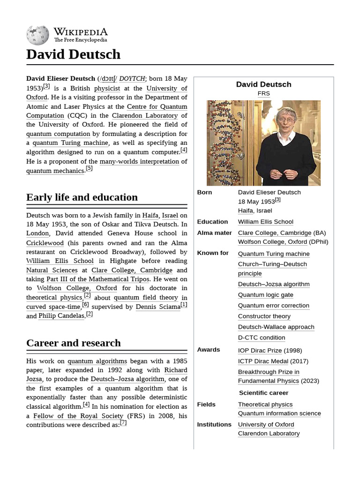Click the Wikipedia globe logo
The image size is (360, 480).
point(37,35)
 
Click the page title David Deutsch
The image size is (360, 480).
point(73,54)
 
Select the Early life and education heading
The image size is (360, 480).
point(82,197)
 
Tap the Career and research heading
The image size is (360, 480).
point(74,343)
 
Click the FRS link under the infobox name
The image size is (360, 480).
point(263,93)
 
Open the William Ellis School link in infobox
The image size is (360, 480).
point(265,222)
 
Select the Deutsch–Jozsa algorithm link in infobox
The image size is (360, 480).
point(273,284)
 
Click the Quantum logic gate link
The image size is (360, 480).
point(265,295)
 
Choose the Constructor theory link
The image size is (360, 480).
point(264,316)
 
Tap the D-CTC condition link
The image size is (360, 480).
point(261,337)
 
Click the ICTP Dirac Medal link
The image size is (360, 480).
point(262,361)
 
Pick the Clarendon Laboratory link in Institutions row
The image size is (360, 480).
point(269,433)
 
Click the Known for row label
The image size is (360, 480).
point(213,253)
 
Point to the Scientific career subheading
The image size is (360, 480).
point(263,393)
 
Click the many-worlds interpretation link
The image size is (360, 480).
point(139,162)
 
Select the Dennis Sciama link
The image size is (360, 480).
point(158,307)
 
